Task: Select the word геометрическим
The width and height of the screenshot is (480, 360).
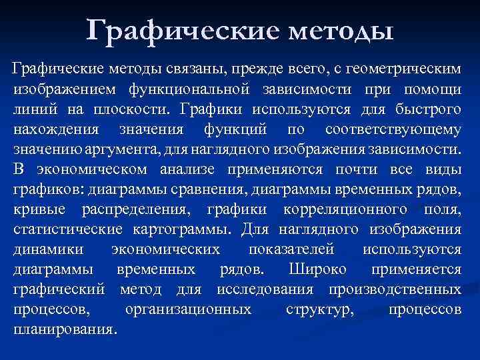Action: pyautogui.click(x=399, y=69)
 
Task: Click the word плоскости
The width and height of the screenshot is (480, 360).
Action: pyautogui.click(x=129, y=109)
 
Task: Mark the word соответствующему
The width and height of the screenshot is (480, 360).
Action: pyautogui.click(x=393, y=129)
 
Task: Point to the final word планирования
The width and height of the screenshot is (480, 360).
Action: pyautogui.click(x=65, y=329)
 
